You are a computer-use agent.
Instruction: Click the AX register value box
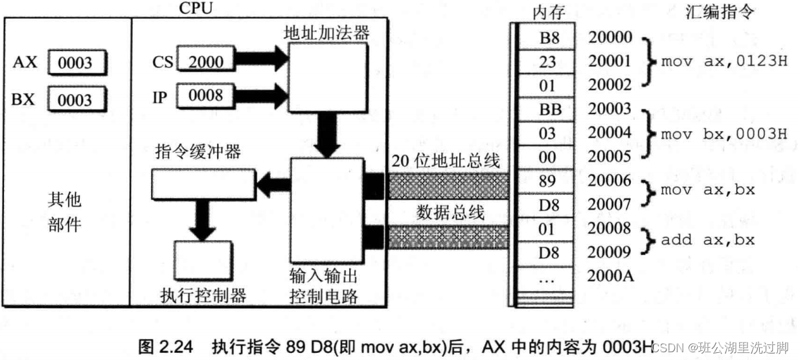[76, 63]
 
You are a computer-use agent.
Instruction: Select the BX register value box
[76, 100]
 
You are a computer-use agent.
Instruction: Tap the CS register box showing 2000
[204, 62]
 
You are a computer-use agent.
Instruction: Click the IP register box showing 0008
[204, 96]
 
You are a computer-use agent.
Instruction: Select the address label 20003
[610, 110]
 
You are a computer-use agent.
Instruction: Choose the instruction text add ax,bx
[708, 240]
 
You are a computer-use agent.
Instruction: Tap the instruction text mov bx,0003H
[724, 135]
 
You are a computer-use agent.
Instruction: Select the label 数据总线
[451, 212]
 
